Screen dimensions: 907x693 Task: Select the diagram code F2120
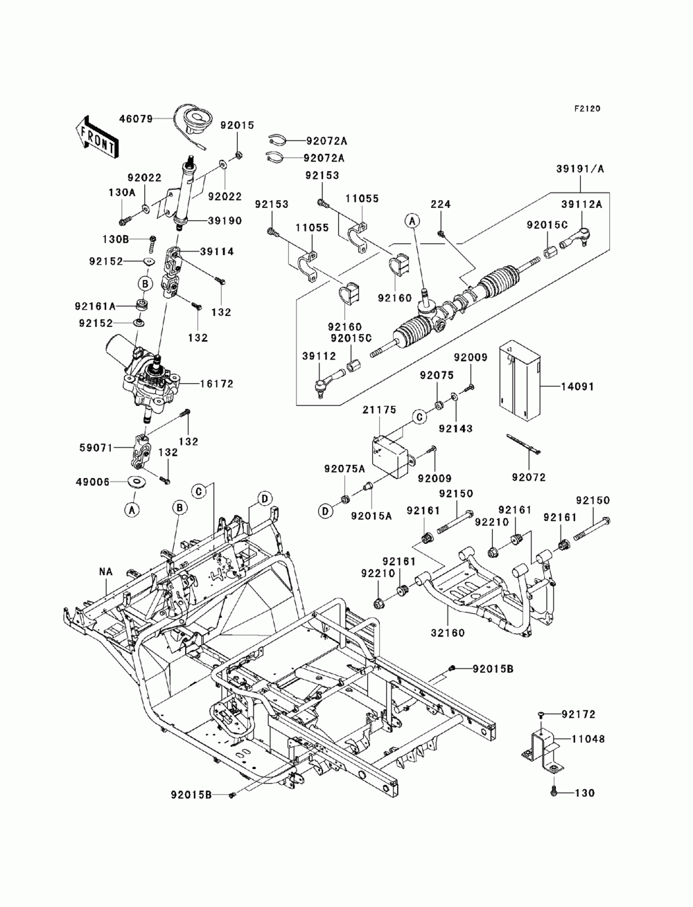coord(586,109)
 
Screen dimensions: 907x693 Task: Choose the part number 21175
coord(379,411)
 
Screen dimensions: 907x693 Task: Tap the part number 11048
coord(588,739)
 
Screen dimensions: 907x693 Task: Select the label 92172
coord(579,714)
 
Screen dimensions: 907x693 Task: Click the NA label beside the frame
coord(105,572)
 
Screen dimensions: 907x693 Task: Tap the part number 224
coord(441,204)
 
